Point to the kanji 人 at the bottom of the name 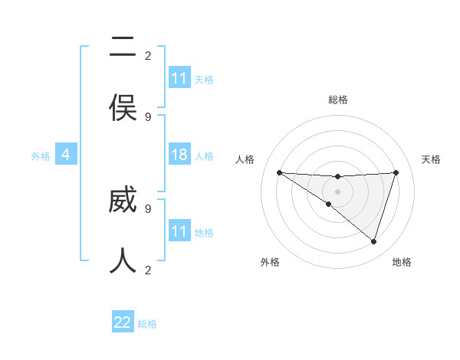click(x=123, y=260)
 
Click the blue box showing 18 click(x=179, y=155)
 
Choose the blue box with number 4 click(x=66, y=155)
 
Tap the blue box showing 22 click(x=123, y=322)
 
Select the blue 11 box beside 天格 click(x=179, y=78)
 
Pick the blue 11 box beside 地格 click(x=179, y=231)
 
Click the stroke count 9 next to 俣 click(x=148, y=116)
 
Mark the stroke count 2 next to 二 click(x=148, y=55)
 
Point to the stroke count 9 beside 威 click(x=148, y=208)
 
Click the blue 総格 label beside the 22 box click(x=147, y=324)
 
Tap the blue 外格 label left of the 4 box click(x=41, y=155)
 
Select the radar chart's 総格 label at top click(x=337, y=100)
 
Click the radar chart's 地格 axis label click(x=402, y=262)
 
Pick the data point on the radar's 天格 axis click(x=396, y=172)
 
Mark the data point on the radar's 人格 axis click(x=279, y=172)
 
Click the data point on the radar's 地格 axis click(x=373, y=241)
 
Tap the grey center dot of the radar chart click(x=337, y=191)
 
